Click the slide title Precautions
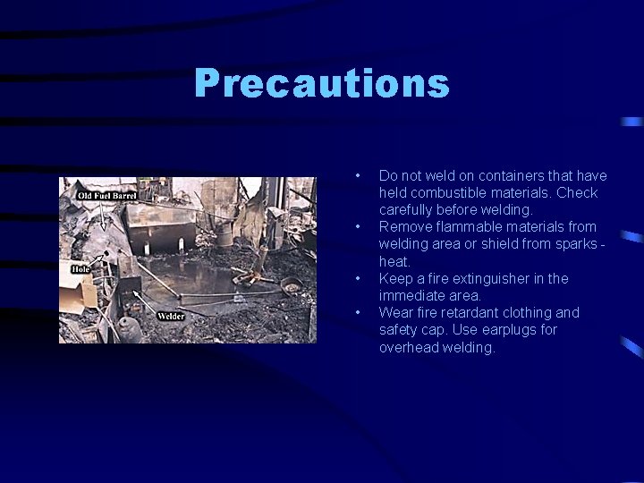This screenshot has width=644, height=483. [321, 85]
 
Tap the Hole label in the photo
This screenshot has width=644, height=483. [82, 267]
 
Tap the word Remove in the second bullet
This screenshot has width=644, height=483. [402, 227]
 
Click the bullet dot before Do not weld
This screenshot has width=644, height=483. [357, 175]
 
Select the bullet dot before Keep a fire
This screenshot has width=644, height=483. [357, 278]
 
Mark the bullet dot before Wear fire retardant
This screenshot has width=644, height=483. [357, 312]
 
